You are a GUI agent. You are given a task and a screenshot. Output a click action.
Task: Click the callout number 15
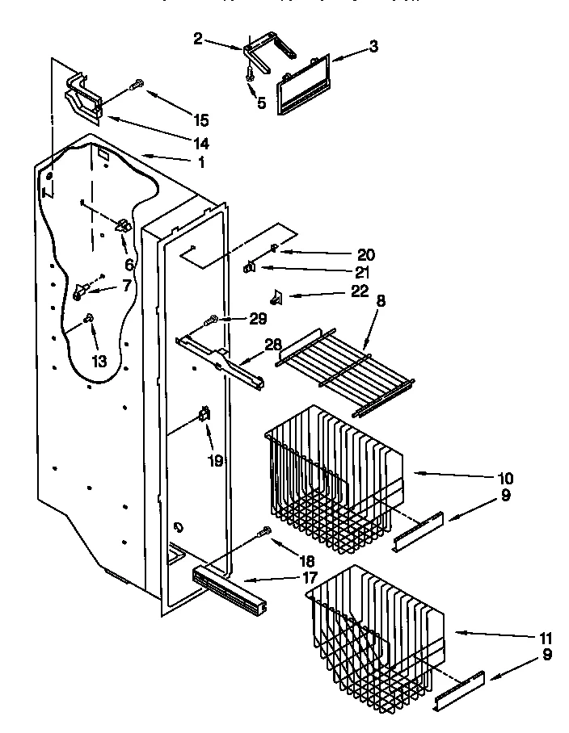pos(200,120)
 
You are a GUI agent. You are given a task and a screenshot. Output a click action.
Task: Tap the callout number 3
pos(373,47)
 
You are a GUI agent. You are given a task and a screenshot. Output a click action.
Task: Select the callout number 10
pos(506,478)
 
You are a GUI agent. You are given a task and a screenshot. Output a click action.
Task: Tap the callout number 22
pos(360,291)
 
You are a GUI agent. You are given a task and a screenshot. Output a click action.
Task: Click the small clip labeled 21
pos(251,266)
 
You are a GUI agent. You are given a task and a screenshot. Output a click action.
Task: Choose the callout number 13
pos(99,362)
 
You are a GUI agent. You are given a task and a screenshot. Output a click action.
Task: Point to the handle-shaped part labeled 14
pos(82,99)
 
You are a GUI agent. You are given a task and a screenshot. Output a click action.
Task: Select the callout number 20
pos(365,253)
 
